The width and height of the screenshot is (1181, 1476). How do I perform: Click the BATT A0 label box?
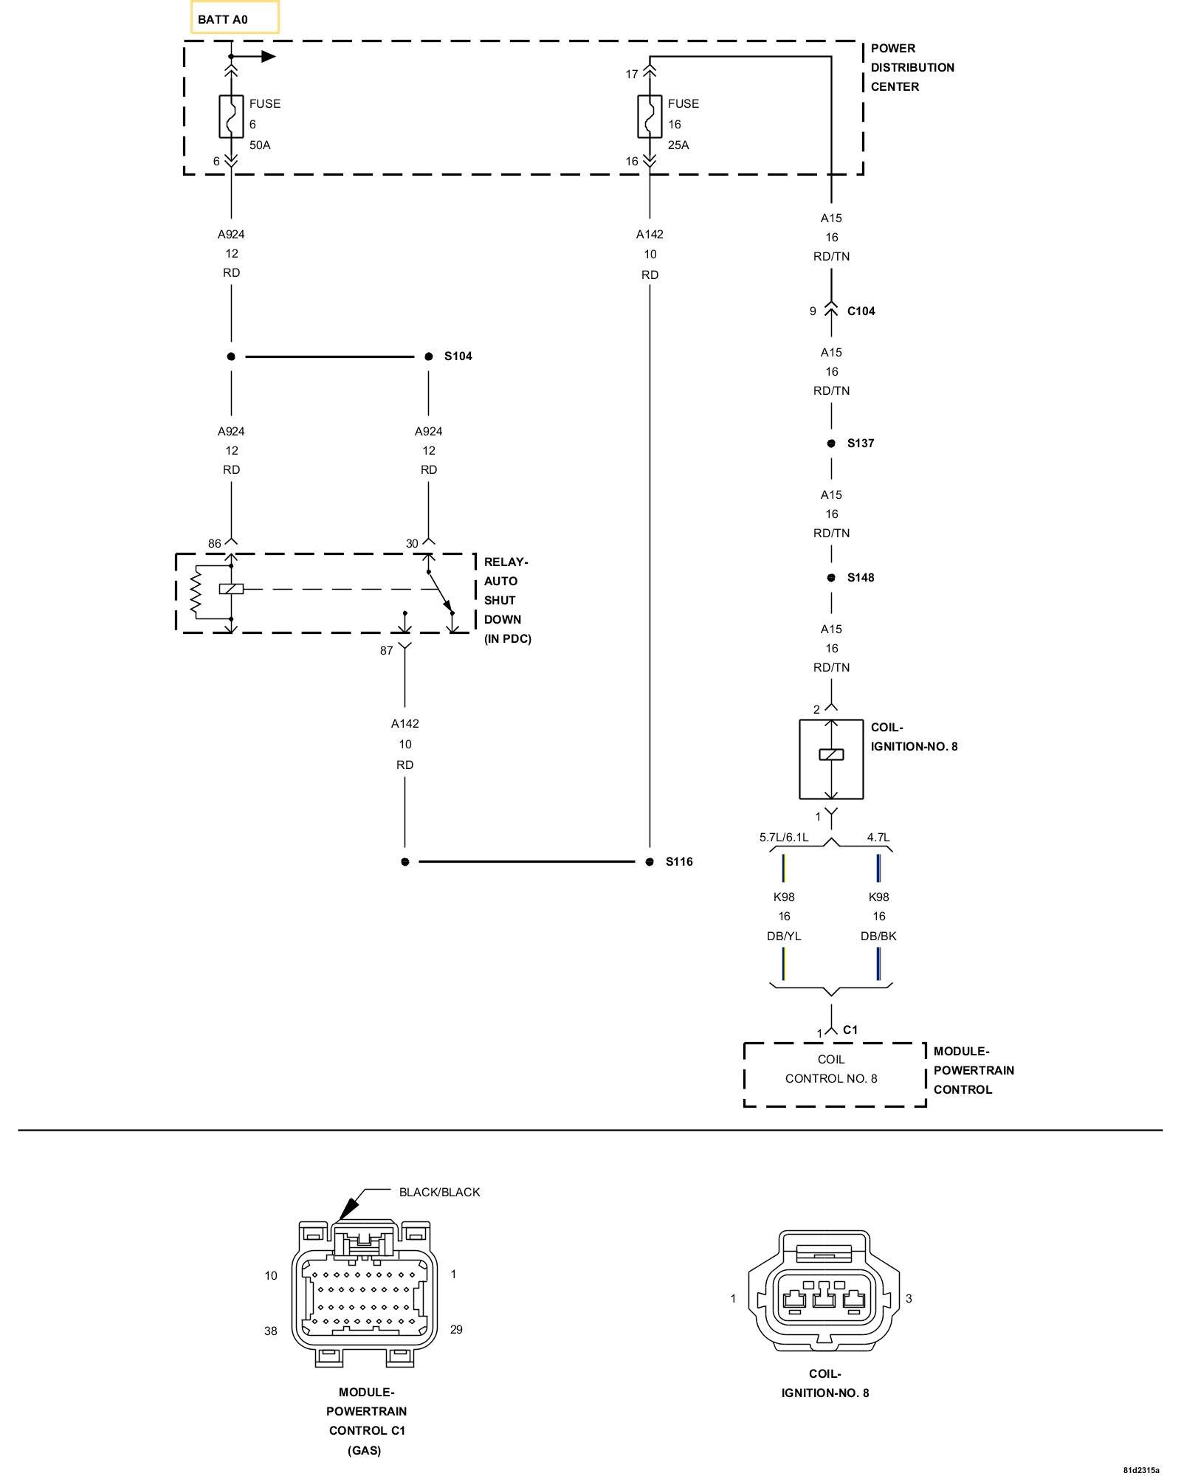tap(235, 18)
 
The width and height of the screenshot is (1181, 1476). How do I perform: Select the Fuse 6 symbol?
tap(231, 117)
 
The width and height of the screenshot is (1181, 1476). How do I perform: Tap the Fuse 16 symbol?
tap(650, 117)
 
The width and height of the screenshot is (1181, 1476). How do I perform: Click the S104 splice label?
tap(458, 356)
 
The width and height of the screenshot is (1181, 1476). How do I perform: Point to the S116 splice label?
tap(679, 862)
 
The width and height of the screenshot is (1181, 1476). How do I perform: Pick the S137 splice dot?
tap(831, 444)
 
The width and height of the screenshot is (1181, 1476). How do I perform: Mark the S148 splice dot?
tap(831, 578)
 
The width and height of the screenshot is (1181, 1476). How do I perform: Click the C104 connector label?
tap(861, 311)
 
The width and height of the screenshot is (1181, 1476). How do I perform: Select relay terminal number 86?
tap(214, 544)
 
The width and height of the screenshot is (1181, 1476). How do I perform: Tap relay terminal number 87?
tap(386, 651)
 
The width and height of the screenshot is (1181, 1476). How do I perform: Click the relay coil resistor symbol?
tap(196, 593)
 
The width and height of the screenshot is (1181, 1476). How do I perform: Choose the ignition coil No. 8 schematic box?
tap(831, 759)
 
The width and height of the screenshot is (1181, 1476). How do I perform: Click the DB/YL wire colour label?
tap(784, 936)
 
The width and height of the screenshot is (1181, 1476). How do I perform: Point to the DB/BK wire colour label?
tap(878, 936)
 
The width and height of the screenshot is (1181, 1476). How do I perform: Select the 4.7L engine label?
tap(878, 838)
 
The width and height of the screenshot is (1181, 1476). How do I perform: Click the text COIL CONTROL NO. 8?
tap(831, 1069)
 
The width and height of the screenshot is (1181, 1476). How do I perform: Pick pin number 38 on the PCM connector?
tap(271, 1331)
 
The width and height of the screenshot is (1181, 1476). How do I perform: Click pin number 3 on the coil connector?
tap(909, 1298)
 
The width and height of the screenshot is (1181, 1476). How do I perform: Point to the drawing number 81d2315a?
tap(1141, 1470)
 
